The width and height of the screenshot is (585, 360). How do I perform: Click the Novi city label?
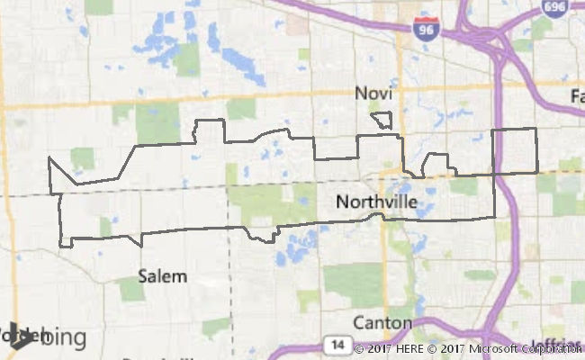coord(374,94)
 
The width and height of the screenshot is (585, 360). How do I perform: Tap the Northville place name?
coord(376,202)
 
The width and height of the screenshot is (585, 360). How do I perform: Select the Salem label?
coord(163,276)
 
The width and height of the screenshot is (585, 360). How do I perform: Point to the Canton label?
coord(382,323)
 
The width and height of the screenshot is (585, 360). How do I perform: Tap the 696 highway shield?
coord(554,8)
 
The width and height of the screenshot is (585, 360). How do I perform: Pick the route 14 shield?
coord(336,345)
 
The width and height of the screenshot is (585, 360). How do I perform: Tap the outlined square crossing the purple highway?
coord(515,150)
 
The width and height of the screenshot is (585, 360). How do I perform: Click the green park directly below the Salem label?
coord(132,290)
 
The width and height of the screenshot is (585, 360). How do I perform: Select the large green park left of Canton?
coord(352,283)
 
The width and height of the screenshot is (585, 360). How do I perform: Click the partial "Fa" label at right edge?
coord(576,94)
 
